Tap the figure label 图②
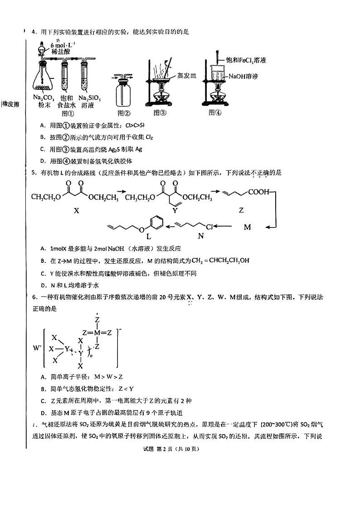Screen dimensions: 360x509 [124, 113]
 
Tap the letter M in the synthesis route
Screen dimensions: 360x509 [247, 227]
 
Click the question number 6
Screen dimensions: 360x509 [33, 297]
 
